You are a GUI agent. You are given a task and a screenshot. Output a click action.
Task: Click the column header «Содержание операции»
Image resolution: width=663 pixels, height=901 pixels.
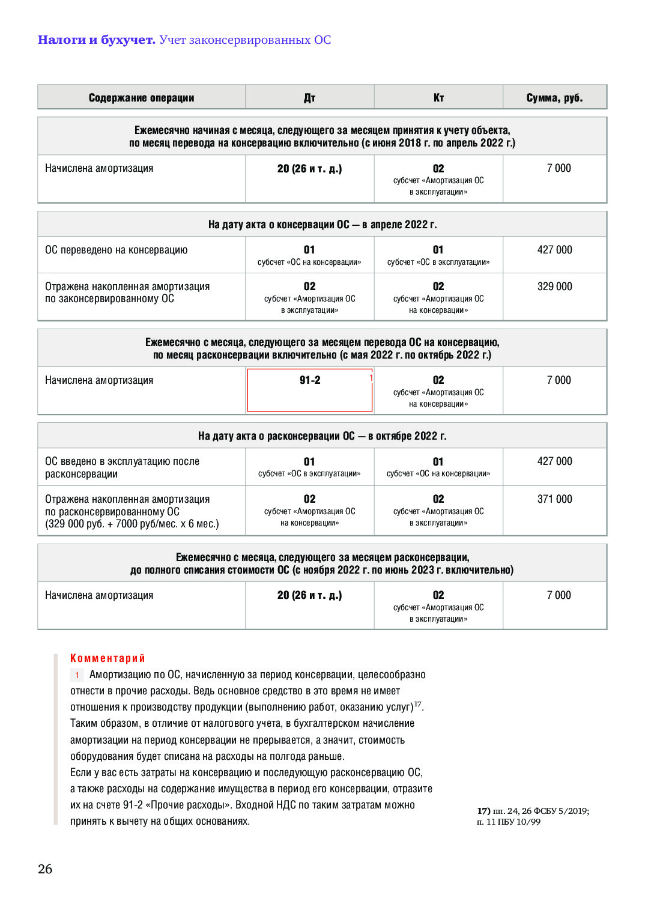click(x=141, y=98)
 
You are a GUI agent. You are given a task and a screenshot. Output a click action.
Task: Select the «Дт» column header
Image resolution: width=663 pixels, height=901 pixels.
click(x=309, y=98)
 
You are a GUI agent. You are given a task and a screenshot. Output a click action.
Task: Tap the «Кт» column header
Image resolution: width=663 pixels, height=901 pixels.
click(x=438, y=98)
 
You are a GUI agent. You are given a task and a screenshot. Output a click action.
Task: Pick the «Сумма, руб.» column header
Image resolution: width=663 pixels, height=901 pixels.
click(x=554, y=98)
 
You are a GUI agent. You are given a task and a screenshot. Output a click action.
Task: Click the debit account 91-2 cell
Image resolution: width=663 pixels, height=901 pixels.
click(x=310, y=380)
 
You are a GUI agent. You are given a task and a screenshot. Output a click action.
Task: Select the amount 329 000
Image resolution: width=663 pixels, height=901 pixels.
click(x=554, y=287)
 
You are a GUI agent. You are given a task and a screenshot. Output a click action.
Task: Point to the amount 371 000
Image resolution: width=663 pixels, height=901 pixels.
click(x=554, y=499)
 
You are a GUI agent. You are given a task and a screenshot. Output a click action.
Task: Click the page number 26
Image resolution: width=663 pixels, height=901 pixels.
click(x=45, y=869)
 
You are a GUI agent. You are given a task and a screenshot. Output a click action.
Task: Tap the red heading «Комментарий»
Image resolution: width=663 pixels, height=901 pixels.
click(x=107, y=658)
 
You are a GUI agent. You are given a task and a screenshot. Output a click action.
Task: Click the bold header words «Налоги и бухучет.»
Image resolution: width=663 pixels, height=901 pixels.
click(x=96, y=40)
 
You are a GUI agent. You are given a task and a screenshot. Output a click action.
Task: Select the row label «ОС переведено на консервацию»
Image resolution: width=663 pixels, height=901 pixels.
click(x=116, y=250)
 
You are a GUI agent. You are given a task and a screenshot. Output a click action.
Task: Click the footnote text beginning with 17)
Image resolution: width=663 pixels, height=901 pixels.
click(x=533, y=816)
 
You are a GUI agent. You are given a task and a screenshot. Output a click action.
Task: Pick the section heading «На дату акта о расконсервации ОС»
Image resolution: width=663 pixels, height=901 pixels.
click(x=322, y=436)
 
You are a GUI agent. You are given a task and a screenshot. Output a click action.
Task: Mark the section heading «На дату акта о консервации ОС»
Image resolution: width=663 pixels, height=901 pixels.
click(x=322, y=225)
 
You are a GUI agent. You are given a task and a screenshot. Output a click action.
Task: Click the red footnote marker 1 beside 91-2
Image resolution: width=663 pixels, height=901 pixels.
click(x=371, y=378)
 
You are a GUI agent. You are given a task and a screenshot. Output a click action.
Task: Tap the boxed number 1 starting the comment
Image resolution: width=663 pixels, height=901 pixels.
click(x=77, y=675)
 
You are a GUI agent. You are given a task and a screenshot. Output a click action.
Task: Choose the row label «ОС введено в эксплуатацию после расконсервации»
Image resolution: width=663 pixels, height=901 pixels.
click(x=122, y=467)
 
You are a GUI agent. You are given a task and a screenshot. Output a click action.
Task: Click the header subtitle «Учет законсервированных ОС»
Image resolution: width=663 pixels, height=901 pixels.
click(x=245, y=40)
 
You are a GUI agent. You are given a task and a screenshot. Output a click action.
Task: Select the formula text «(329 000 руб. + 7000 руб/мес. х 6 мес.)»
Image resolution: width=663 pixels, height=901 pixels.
click(x=132, y=524)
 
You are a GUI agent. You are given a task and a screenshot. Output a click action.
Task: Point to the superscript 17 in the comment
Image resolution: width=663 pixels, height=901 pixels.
click(x=418, y=704)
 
